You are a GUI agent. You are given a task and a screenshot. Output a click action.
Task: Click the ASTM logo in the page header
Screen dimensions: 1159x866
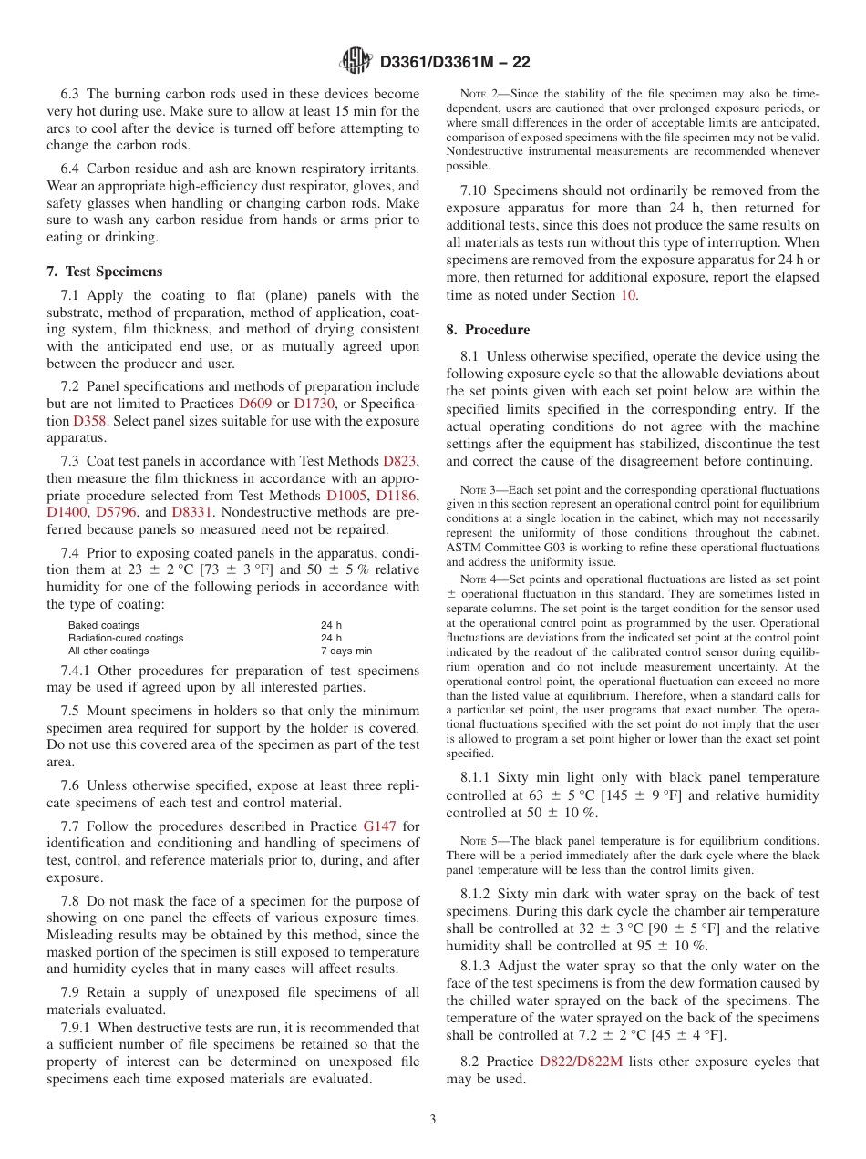coord(356,61)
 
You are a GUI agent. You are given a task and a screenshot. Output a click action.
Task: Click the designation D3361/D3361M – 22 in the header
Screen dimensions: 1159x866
coord(454,62)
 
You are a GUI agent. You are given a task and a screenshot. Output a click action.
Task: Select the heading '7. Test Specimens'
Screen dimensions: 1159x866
coord(104,272)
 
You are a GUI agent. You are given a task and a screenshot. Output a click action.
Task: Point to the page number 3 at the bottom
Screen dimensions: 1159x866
coord(433,1119)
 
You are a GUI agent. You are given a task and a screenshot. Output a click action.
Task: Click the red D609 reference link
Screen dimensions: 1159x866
coord(255,404)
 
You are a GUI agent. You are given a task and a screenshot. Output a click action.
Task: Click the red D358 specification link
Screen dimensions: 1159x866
coord(88,421)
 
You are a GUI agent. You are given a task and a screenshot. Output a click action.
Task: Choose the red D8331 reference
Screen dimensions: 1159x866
coord(190,513)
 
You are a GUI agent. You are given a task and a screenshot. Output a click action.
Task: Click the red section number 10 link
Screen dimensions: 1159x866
coord(627,295)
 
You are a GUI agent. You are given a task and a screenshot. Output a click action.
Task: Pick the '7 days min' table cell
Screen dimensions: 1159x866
coord(345,651)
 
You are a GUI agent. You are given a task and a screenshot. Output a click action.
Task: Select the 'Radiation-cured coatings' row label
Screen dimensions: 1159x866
coord(126,639)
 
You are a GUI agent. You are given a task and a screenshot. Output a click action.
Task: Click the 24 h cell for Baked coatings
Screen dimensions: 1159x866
coord(331,626)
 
